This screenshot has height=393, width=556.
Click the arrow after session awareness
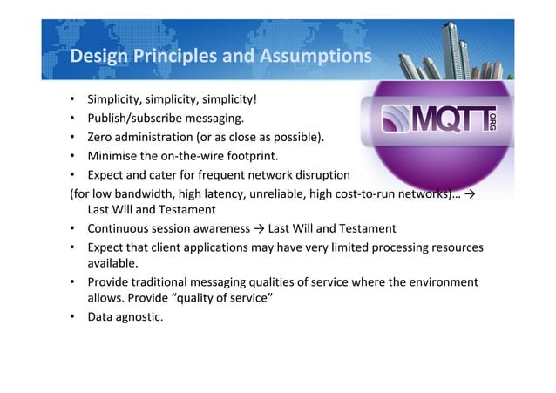point(259,228)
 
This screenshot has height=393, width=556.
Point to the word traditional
point(155,283)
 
